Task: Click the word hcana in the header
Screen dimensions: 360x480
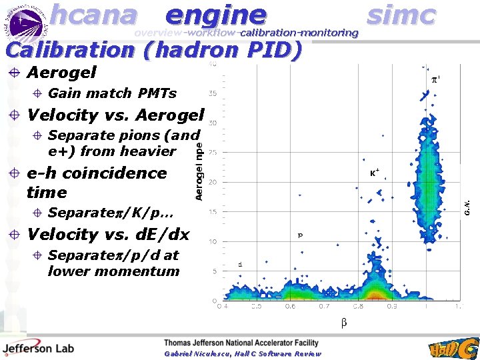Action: tap(93, 15)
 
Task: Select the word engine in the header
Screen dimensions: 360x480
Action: tap(215, 15)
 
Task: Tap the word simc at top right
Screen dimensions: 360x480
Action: tap(401, 15)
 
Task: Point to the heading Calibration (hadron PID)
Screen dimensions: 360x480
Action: tap(153, 50)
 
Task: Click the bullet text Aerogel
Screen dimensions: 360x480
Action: tap(61, 72)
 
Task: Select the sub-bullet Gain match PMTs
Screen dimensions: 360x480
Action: tap(112, 93)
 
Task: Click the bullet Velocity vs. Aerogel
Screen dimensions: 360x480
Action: tap(115, 115)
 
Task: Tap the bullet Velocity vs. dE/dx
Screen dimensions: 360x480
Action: tap(108, 234)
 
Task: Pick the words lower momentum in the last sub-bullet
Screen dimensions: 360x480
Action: tap(113, 271)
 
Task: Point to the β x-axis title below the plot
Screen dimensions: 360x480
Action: tap(344, 323)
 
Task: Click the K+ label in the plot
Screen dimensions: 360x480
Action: tap(375, 172)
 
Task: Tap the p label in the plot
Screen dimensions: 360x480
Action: tap(300, 235)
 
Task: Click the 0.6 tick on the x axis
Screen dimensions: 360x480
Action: tap(289, 307)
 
